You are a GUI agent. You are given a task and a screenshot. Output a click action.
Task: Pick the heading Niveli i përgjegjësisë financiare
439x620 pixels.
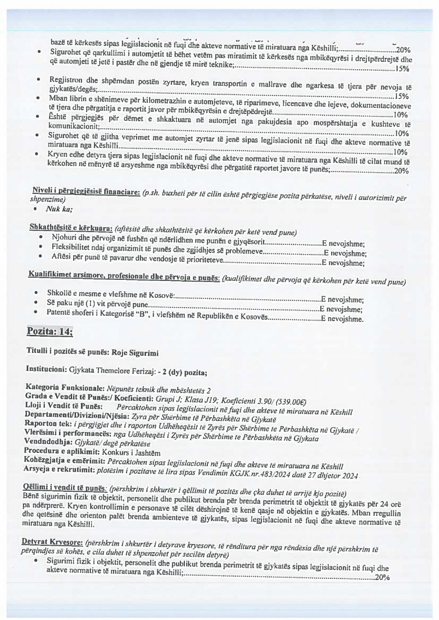point(86,192)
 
